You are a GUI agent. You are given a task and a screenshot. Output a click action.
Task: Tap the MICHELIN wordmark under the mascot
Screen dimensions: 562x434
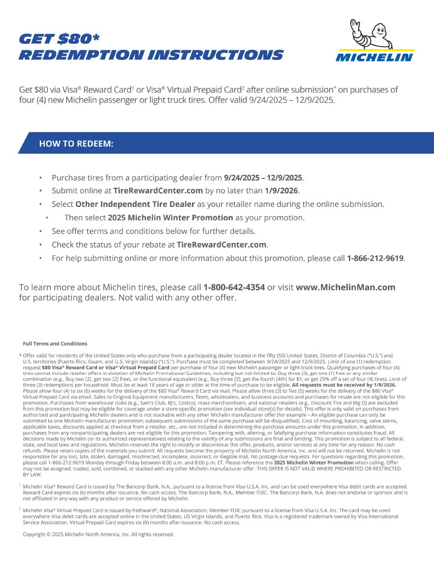click(374, 57)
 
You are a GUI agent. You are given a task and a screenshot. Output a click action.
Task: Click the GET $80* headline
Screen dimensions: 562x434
click(59, 38)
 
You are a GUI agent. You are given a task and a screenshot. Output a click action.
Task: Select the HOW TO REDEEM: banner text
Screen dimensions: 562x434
click(76, 144)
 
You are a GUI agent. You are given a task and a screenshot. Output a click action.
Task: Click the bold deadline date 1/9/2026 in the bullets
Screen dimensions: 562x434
click(282, 191)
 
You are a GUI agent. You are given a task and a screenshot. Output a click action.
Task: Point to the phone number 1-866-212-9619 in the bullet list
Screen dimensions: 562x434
click(375, 258)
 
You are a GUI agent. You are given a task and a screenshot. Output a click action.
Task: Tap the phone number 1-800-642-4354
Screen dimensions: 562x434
click(234, 287)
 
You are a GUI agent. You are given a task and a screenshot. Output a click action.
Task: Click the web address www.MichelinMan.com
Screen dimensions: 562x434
click(346, 287)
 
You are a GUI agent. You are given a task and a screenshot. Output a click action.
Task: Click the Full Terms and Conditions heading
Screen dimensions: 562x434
click(55, 344)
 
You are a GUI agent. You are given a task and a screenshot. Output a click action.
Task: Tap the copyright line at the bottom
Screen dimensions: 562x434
click(98, 534)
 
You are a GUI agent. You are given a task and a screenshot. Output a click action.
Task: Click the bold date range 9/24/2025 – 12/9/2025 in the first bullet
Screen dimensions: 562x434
click(263, 178)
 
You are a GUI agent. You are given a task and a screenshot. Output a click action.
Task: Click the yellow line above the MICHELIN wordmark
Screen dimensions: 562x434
click(374, 50)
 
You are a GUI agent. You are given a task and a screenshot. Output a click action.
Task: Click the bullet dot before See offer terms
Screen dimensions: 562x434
click(40, 231)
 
